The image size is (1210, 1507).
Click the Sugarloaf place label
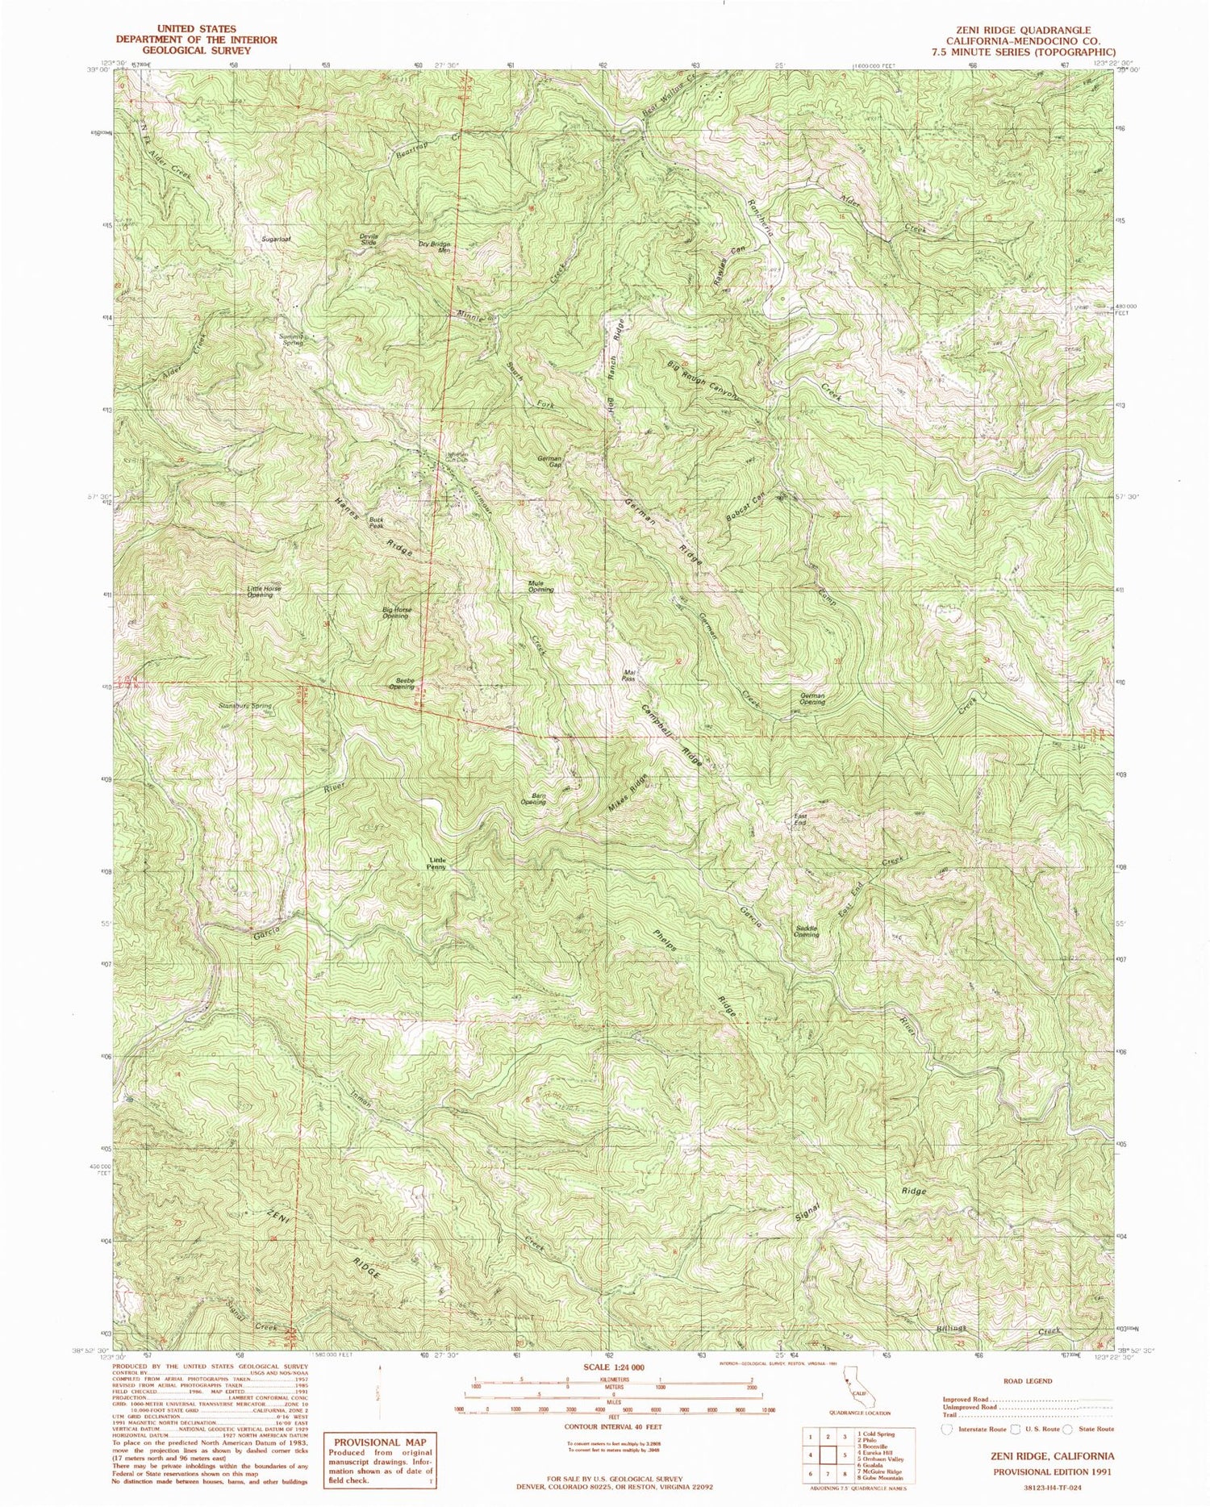point(276,239)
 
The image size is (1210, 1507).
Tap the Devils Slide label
point(369,239)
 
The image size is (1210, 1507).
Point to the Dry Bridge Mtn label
point(433,247)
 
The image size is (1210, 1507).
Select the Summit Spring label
point(292,339)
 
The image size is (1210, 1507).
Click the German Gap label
point(549,461)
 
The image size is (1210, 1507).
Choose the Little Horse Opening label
point(265,591)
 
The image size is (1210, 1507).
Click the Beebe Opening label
point(402,683)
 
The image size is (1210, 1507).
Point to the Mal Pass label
point(629,675)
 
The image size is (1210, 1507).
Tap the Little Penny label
point(436,863)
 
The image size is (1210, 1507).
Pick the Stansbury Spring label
point(245,706)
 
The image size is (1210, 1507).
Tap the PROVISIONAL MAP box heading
point(378,1442)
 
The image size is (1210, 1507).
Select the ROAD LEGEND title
point(1028,1380)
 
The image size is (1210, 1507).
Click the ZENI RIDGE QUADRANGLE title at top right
point(1022,30)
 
